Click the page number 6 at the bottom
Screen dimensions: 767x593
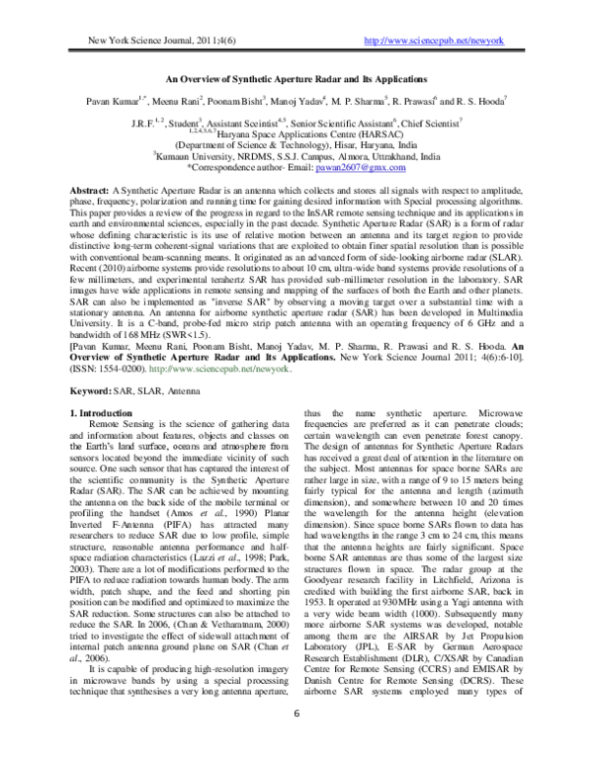click(x=297, y=740)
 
